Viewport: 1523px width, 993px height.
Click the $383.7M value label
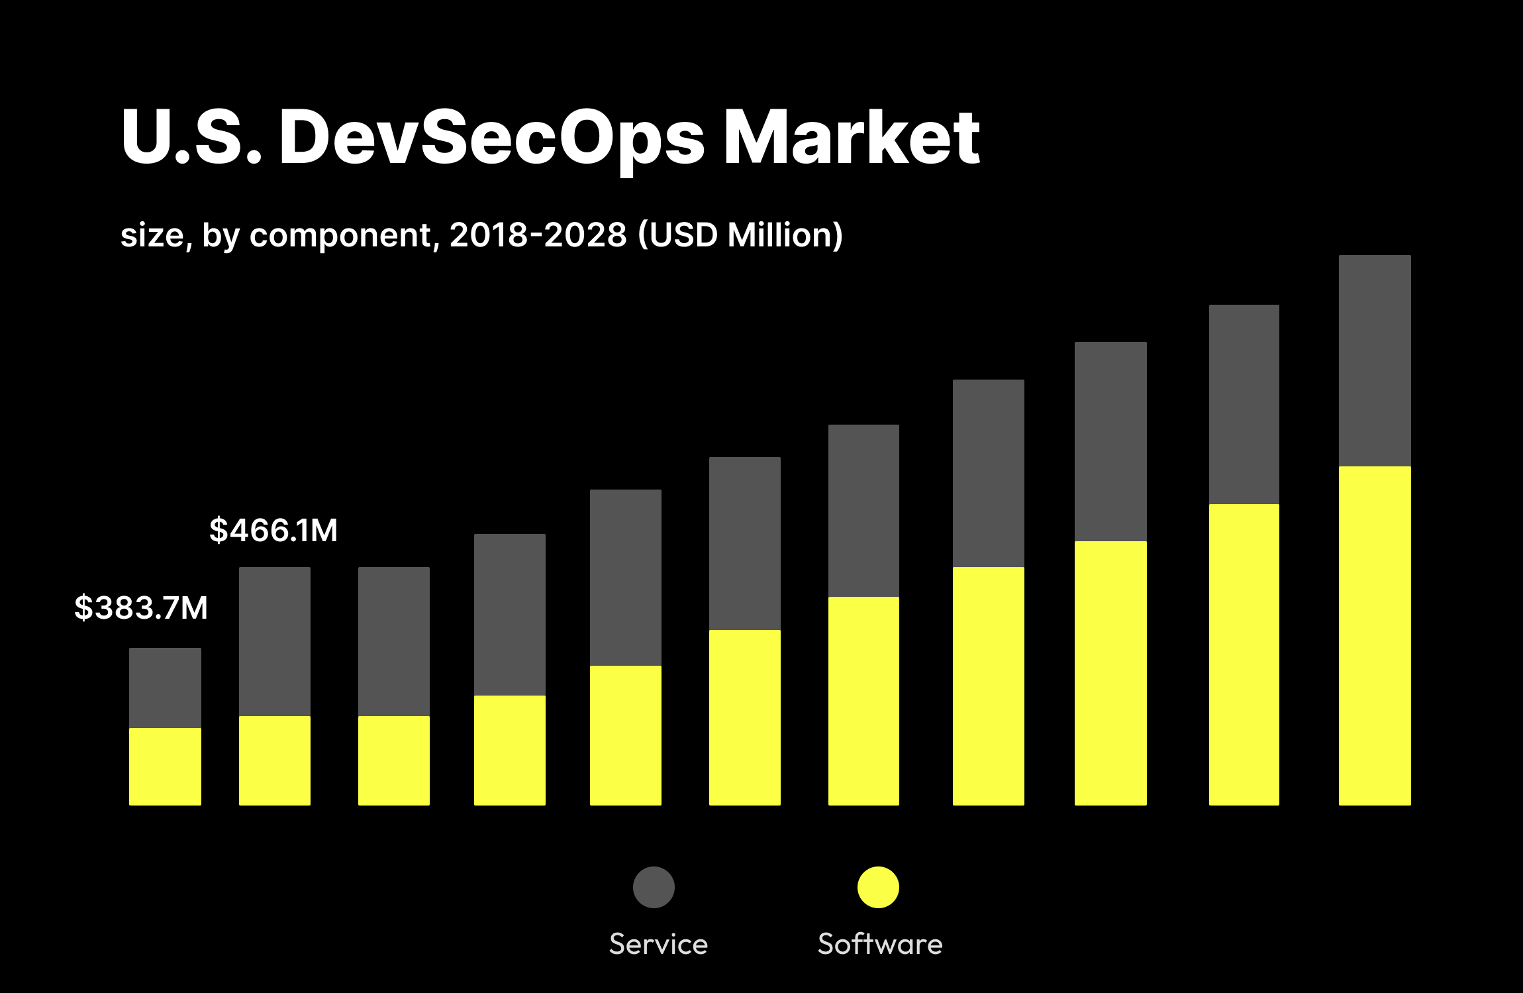point(141,607)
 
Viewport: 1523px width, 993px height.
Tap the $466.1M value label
point(273,530)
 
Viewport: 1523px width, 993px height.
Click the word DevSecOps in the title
point(491,137)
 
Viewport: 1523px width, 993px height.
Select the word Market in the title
point(852,137)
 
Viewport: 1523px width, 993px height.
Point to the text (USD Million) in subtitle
point(740,235)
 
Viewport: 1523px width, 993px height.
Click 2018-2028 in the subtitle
point(538,235)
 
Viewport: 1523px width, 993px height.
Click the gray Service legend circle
point(654,887)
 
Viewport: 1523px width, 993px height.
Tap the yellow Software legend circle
point(878,887)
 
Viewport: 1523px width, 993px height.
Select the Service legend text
point(658,944)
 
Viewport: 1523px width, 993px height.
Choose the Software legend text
point(880,944)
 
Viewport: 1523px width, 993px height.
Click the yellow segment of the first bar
point(165,766)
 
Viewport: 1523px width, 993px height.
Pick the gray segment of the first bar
point(165,688)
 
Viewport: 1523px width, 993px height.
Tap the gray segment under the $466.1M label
point(274,641)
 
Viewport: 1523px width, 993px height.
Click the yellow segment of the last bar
point(1375,636)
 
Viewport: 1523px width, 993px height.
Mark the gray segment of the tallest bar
point(1375,360)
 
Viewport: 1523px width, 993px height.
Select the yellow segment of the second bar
point(274,760)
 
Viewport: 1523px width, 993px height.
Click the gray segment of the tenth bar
point(1244,404)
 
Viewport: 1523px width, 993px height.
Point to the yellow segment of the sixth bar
point(744,717)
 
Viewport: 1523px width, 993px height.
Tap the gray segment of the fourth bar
point(509,614)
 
